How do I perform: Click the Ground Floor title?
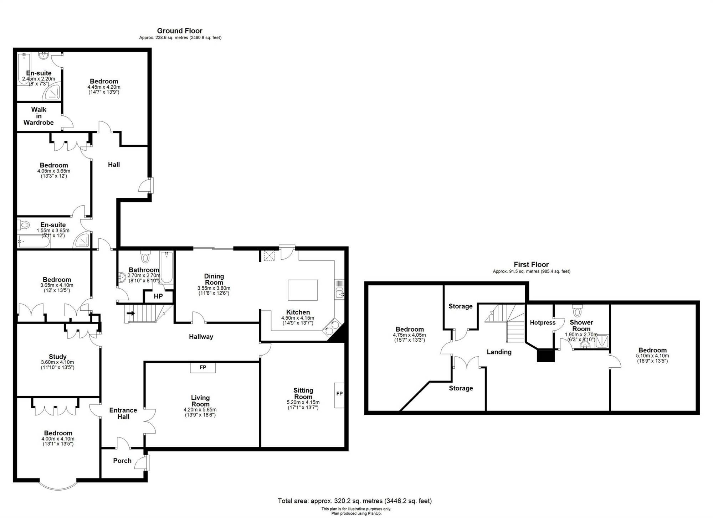point(180,31)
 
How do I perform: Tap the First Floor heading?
point(531,264)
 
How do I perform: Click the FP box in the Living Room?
point(203,367)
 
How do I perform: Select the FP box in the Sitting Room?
point(339,395)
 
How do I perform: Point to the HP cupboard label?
point(158,296)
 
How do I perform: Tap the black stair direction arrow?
point(131,314)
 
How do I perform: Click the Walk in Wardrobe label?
point(39,116)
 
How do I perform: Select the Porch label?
point(122,461)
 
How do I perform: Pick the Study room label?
point(58,357)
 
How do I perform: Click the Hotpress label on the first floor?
point(543,322)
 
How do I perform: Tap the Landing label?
point(499,352)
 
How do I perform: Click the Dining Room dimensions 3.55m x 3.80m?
point(214,288)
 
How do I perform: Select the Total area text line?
point(355,501)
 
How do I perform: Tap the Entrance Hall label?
point(123,413)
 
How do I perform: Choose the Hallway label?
point(201,337)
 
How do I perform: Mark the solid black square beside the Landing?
point(546,356)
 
